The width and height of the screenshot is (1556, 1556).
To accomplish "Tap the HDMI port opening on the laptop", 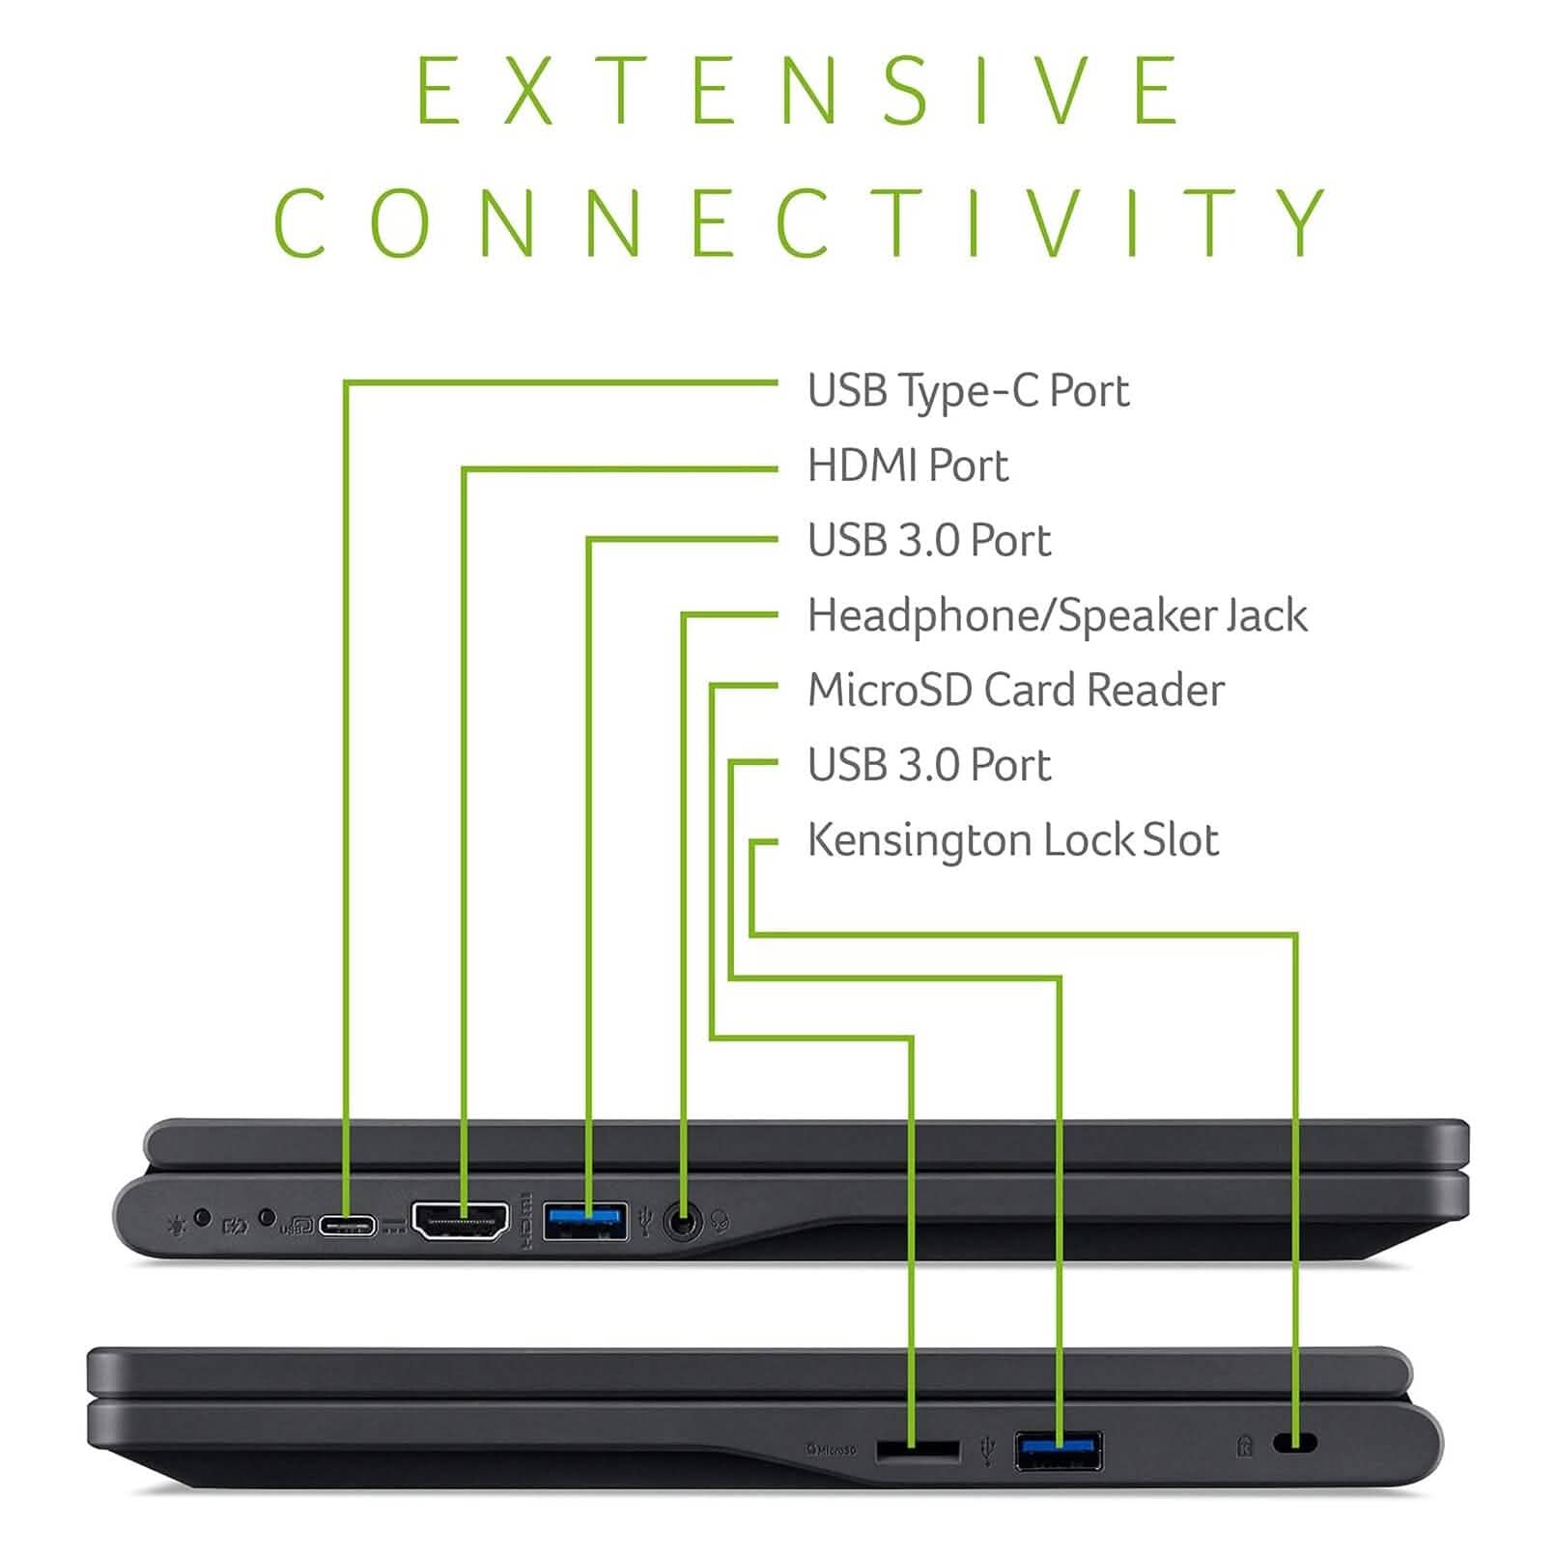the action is coord(460,1222).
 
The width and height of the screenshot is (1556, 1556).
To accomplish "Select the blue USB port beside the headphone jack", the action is coord(584,1221).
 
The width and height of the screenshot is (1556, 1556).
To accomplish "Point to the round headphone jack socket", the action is coord(684,1224).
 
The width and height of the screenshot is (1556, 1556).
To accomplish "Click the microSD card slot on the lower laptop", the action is coord(918,1450).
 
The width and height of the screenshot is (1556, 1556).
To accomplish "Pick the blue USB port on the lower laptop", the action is coord(1058,1451).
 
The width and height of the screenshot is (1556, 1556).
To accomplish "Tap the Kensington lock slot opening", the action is coord(1295,1443).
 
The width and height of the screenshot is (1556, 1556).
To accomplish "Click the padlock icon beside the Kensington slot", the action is coord(1244,1446).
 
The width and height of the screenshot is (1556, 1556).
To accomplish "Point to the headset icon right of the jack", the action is coord(719,1223).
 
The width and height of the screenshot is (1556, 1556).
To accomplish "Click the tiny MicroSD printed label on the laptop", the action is coord(832,1449).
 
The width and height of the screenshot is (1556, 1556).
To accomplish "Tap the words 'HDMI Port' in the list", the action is coord(907,466).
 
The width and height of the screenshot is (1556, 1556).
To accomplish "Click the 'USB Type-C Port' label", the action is coord(968,391).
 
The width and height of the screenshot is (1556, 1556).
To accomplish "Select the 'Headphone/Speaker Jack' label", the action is coord(1057,616).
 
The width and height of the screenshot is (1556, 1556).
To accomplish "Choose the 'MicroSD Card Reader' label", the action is coord(1015,691).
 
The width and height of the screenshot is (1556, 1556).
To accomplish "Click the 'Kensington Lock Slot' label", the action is coord(1012,840).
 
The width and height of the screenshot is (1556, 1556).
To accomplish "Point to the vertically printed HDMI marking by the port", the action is coord(526,1221).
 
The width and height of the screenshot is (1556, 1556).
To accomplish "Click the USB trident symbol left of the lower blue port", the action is coord(986,1450).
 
